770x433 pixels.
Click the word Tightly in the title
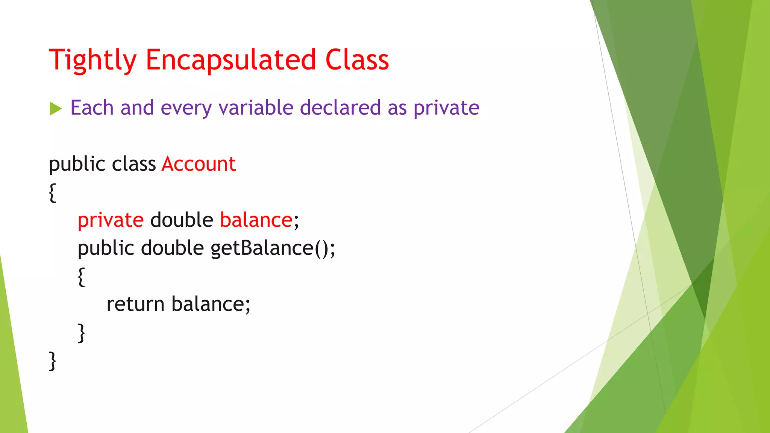(x=92, y=60)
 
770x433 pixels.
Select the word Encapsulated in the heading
(x=230, y=60)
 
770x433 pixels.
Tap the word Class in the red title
(x=357, y=60)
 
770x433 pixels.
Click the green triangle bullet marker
(x=55, y=109)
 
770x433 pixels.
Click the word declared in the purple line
(x=340, y=108)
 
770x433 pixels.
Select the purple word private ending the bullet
(x=446, y=109)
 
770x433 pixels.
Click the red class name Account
(x=199, y=164)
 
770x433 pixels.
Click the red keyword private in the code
(x=111, y=220)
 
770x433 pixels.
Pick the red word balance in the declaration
(x=256, y=220)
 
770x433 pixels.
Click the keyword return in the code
(x=135, y=304)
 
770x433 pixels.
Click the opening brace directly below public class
(x=53, y=193)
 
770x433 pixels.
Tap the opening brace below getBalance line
(x=81, y=277)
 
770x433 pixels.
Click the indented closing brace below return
(x=81, y=333)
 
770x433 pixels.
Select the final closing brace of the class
(x=53, y=361)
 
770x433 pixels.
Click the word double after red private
(x=182, y=220)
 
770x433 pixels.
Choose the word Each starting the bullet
(x=92, y=108)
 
